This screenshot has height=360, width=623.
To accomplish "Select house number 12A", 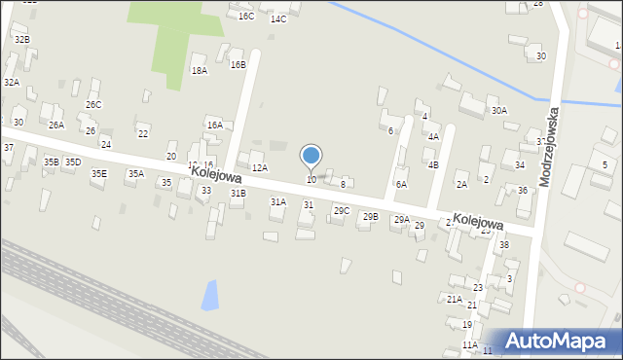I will pyautogui.click(x=260, y=168).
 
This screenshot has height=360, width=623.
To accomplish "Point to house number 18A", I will pyautogui.click(x=200, y=71).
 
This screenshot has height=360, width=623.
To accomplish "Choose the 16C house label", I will pyautogui.click(x=246, y=17).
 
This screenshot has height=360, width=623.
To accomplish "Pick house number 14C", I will pyautogui.click(x=278, y=19).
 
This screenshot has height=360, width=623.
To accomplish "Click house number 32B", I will pyautogui.click(x=21, y=39).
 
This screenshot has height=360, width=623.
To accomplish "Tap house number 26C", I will pyautogui.click(x=93, y=105).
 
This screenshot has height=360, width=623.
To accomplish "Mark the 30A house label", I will pyautogui.click(x=499, y=111).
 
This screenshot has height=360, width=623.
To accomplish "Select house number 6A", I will pyautogui.click(x=401, y=184).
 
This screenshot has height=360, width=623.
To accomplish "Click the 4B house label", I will pyautogui.click(x=433, y=165).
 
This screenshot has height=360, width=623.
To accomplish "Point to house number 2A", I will pyautogui.click(x=461, y=184).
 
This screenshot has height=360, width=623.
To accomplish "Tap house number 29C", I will pyautogui.click(x=342, y=211).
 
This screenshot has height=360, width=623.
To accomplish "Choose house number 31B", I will pyautogui.click(x=238, y=194).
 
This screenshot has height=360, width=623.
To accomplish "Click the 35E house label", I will pyautogui.click(x=99, y=174).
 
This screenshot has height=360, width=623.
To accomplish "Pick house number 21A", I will pyautogui.click(x=455, y=299).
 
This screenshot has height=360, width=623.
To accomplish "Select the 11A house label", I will pyautogui.click(x=469, y=344).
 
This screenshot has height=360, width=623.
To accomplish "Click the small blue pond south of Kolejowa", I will pyautogui.click(x=210, y=295).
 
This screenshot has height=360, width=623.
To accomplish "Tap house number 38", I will pyautogui.click(x=504, y=244).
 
